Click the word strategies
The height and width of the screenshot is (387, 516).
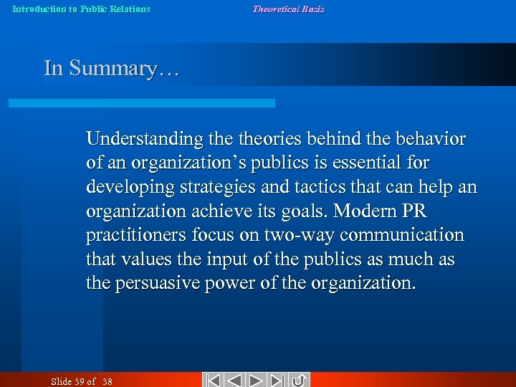[x=216, y=186]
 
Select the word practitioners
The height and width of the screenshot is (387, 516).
[x=138, y=235]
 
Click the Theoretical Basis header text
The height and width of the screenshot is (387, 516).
[x=288, y=9]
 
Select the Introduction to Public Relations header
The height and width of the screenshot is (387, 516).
[x=82, y=9]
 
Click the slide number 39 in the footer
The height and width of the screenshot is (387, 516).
[x=79, y=381]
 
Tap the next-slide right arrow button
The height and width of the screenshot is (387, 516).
[x=256, y=380]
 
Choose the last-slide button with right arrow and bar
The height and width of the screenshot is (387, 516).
[x=277, y=380]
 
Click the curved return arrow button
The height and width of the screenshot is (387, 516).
[x=299, y=380]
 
